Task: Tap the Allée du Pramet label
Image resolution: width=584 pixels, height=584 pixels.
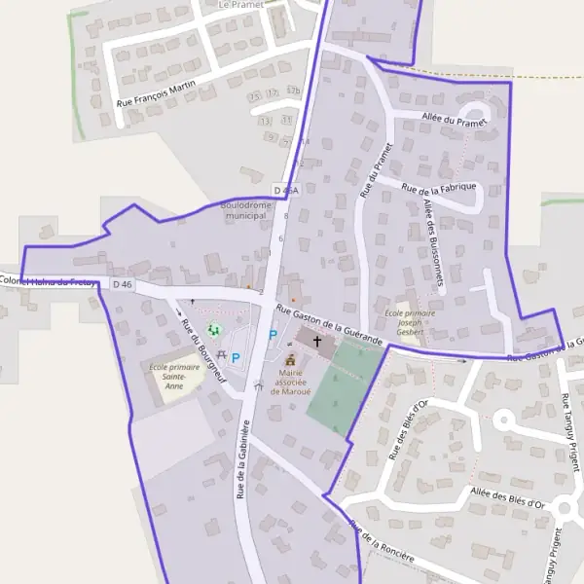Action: point(454,120)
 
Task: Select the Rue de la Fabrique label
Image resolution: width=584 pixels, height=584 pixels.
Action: point(438,185)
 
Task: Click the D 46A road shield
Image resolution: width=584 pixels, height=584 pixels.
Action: point(285,191)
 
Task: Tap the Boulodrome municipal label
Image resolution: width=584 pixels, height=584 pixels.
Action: point(245,211)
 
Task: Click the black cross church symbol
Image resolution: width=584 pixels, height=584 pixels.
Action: point(317,342)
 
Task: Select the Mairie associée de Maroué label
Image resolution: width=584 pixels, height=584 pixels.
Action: point(290,382)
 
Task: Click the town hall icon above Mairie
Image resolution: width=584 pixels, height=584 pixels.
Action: point(289,359)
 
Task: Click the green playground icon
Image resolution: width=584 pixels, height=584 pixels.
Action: point(214,331)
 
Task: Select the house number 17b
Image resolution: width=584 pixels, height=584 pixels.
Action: point(294,91)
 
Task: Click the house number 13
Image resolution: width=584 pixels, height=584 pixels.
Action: point(266,120)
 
